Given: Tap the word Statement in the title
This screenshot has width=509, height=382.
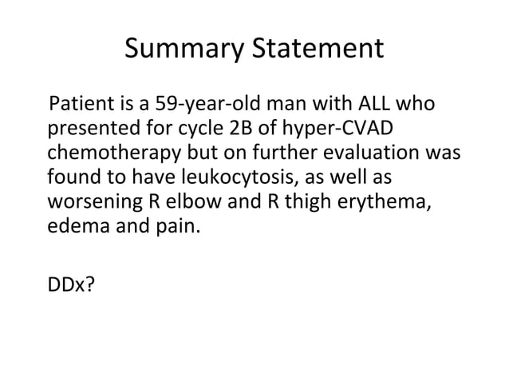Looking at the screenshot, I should pos(318,50).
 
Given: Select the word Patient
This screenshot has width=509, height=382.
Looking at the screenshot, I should pos(79,106).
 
